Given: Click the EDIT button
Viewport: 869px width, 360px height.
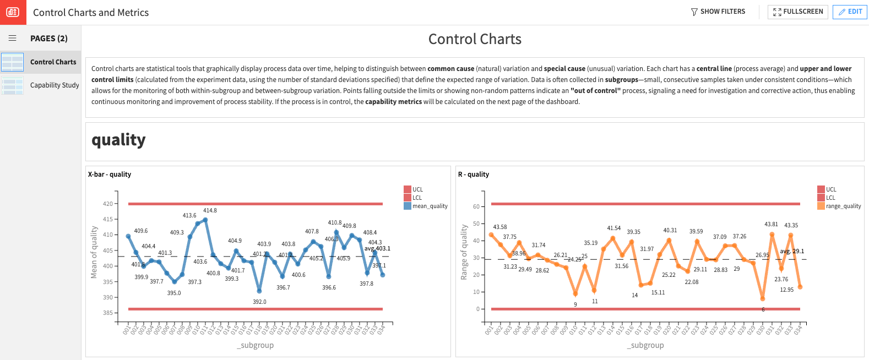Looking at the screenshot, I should pos(850,12).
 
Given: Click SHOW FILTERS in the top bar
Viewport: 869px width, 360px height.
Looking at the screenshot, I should pos(718,12).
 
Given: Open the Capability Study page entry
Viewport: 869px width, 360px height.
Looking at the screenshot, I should pos(54,85).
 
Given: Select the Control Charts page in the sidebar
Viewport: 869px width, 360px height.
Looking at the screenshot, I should pos(53,62).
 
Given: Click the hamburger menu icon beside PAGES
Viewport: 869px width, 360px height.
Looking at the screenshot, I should pos(12,39).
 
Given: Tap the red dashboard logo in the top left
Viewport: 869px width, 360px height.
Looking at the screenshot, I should pos(13,12).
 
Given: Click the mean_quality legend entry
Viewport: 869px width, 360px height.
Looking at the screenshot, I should pos(430,206).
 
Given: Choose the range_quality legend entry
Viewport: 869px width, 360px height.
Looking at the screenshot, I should pos(843,206).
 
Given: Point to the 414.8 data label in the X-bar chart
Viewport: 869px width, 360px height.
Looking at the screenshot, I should pos(210,210).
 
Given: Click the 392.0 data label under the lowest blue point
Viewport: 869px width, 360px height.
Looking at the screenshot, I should pos(259,302).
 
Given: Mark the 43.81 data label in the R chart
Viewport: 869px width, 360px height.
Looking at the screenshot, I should pos(771,224).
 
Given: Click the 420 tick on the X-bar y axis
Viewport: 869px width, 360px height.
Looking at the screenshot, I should pos(107,204).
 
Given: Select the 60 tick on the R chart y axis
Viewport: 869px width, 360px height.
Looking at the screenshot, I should pos(476,206).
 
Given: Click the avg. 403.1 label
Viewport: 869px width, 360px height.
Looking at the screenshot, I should pos(377,248).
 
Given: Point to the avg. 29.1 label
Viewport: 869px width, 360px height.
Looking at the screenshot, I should pos(792,251).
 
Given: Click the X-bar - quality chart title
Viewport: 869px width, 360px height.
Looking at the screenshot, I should pos(110,174).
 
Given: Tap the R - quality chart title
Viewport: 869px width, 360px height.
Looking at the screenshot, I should pos(474,174).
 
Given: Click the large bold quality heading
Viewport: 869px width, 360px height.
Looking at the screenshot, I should pos(118,140).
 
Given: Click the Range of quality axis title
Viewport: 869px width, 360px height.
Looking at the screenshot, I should pos(464,252).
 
